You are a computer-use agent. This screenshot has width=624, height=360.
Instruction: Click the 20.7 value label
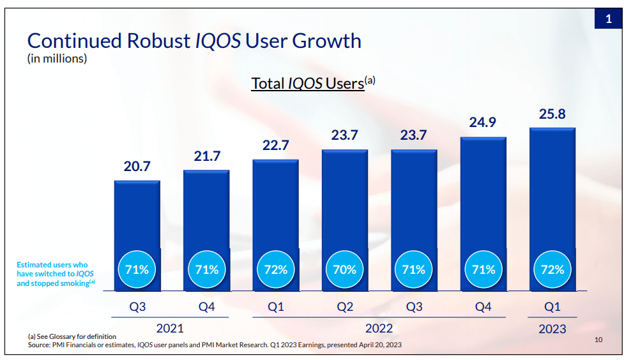point(137,167)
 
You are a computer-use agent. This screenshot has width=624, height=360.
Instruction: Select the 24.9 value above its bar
point(483,123)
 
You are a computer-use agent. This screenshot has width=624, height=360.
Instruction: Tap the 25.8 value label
point(552,115)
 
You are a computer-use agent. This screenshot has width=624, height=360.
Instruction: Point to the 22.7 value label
point(275,146)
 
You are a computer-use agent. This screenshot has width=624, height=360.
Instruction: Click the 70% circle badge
point(345,269)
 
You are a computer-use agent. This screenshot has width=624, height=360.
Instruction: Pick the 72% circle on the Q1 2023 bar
point(552,269)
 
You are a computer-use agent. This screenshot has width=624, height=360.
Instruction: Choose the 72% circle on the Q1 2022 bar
point(276,269)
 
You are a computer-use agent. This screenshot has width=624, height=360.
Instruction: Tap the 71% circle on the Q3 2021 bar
point(137,269)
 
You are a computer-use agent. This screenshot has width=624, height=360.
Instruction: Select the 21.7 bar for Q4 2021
point(206,211)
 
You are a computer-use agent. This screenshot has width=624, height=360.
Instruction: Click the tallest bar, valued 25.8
point(552,191)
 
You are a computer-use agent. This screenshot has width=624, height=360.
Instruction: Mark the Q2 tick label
point(345,307)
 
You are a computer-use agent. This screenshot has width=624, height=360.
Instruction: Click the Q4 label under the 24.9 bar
point(483,307)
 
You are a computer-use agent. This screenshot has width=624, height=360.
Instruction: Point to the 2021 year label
point(170,328)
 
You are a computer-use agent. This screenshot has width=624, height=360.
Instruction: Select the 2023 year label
point(552,328)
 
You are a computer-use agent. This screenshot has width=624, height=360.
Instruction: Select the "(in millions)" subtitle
point(57,59)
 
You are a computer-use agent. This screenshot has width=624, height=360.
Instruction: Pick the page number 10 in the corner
point(598,340)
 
